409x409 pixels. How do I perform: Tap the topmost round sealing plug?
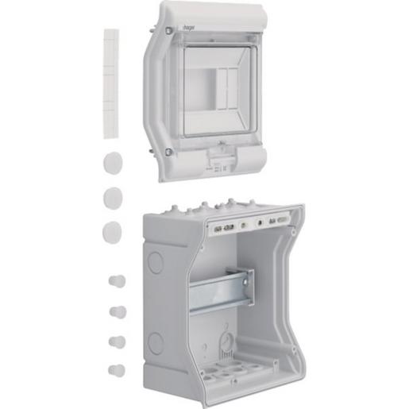tap(111, 161)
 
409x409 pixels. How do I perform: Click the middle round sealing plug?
tap(112, 196)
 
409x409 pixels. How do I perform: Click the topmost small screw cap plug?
tap(118, 281)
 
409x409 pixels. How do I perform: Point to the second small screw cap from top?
tap(118, 311)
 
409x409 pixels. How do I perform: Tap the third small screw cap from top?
tap(118, 341)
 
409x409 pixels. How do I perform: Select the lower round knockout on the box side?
tap(156, 342)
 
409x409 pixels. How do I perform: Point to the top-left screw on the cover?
tap(168, 30)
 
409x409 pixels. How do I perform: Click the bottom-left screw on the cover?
tap(168, 152)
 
